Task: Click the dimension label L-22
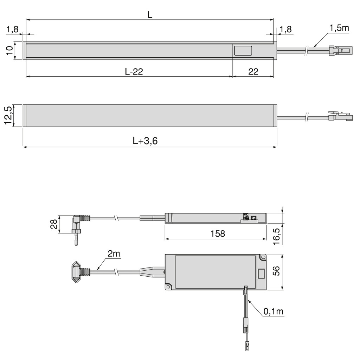click(134, 72)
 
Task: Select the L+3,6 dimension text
click(145, 141)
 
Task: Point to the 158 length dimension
click(218, 234)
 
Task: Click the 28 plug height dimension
click(54, 224)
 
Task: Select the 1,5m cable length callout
click(339, 28)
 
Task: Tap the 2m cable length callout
click(114, 254)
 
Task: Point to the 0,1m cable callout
click(274, 311)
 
